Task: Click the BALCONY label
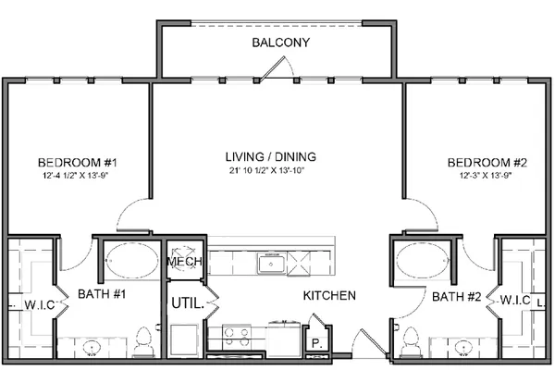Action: [280, 43]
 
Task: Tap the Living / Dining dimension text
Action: [266, 170]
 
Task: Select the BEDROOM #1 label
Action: [77, 163]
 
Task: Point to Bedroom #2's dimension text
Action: [486, 175]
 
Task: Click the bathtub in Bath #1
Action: [132, 260]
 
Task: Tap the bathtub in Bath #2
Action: [423, 260]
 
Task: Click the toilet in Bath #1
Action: [143, 341]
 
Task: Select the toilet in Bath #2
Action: [411, 341]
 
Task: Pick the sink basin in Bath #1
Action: [92, 348]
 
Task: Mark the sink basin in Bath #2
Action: [463, 348]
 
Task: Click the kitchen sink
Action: [271, 264]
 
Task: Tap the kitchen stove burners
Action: [236, 337]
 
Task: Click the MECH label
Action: [184, 261]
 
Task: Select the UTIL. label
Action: [188, 303]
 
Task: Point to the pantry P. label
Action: [316, 343]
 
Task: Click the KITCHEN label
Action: [329, 295]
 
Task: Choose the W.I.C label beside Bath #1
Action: [40, 304]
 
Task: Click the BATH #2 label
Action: [457, 296]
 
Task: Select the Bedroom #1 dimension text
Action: [75, 175]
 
